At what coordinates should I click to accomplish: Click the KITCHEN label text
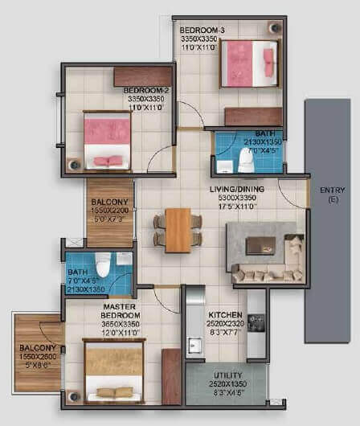(220, 315)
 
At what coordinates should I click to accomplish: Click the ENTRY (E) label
(332, 190)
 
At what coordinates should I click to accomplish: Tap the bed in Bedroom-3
(248, 63)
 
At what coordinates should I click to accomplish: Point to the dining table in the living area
(178, 229)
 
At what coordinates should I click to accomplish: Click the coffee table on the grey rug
(260, 245)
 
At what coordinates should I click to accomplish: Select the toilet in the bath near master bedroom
(102, 264)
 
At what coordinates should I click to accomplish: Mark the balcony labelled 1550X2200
(110, 212)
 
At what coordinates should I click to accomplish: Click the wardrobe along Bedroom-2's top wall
(142, 76)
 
